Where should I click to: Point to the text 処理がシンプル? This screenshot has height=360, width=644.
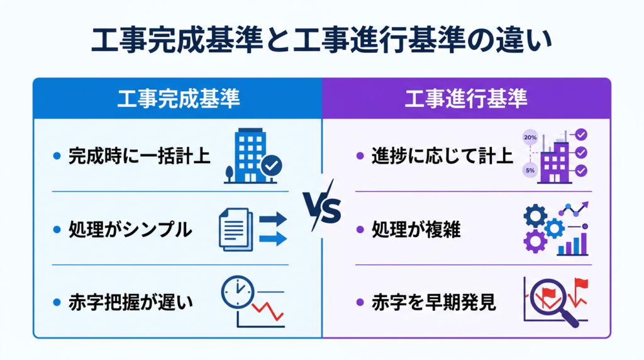(x=130, y=230)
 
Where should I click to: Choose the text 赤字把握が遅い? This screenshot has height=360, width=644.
(x=130, y=303)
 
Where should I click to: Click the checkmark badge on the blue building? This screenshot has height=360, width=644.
(x=272, y=166)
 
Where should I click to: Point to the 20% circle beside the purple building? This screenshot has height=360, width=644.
(x=530, y=137)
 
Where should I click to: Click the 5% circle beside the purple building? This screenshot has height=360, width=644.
(x=530, y=171)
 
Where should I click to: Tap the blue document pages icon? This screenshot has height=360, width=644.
(x=235, y=230)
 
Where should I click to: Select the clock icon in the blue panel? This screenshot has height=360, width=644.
(x=237, y=292)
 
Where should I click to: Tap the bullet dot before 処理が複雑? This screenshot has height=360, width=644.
(x=360, y=230)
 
